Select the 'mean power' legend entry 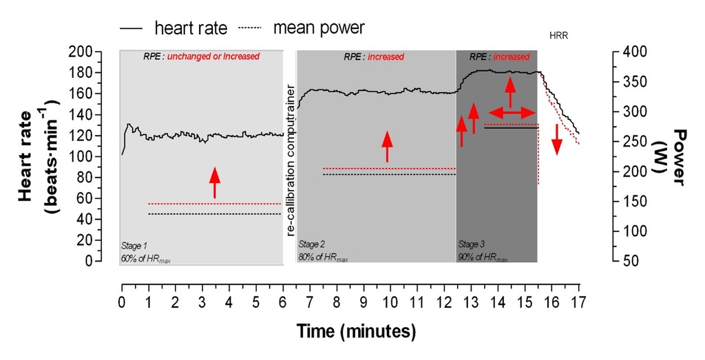pyautogui.click(x=318, y=28)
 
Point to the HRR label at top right pyautogui.click(x=560, y=34)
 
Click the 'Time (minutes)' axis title pyautogui.click(x=357, y=332)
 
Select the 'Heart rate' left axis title pyautogui.click(x=36, y=157)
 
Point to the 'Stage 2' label pyautogui.click(x=311, y=244)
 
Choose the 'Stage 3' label pyautogui.click(x=472, y=244)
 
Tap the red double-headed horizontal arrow pyautogui.click(x=512, y=112)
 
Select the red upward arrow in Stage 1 pyautogui.click(x=215, y=182)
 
